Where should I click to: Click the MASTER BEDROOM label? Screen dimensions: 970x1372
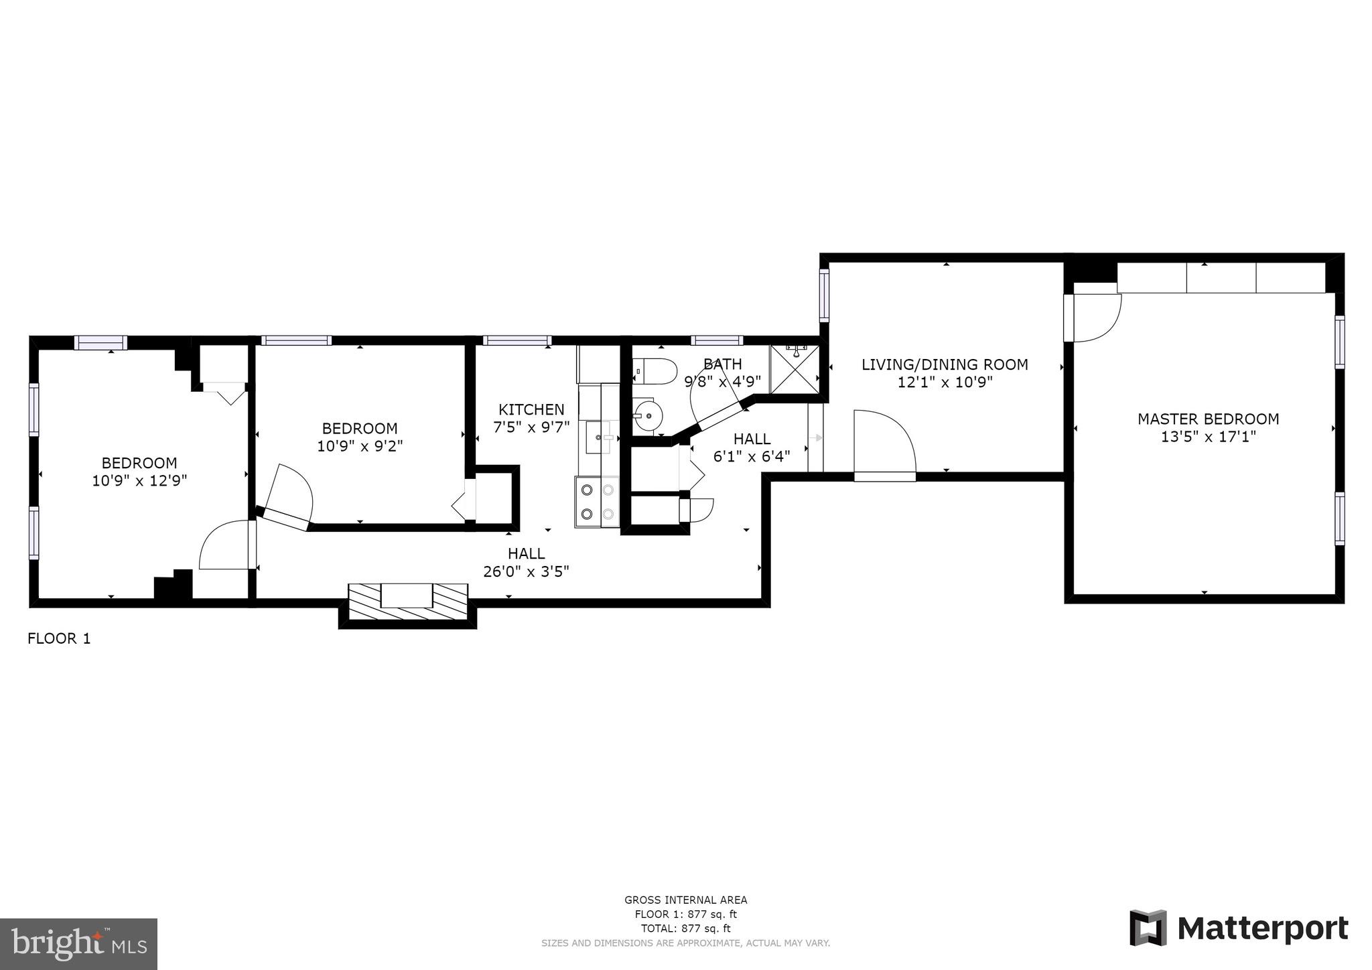click(1208, 419)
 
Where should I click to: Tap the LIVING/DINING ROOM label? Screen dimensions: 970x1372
click(945, 365)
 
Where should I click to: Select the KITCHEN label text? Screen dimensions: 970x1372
click(531, 409)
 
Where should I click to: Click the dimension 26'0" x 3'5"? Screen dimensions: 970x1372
click(526, 571)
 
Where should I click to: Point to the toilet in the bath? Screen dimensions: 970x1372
click(655, 371)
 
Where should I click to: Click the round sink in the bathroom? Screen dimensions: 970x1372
click(647, 415)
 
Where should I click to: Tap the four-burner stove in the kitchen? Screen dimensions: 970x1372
click(597, 502)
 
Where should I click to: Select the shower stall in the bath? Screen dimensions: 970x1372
click(795, 368)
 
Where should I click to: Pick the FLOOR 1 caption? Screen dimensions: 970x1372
click(59, 638)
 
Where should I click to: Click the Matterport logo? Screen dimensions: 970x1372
click(1239, 928)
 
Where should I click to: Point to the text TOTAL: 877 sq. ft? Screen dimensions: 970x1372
click(685, 928)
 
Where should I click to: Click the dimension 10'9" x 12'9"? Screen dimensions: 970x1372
click(139, 480)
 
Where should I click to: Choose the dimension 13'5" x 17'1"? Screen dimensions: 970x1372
click(1208, 437)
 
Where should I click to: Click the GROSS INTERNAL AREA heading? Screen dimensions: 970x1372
click(685, 900)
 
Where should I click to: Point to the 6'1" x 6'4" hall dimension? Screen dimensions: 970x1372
click(752, 456)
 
